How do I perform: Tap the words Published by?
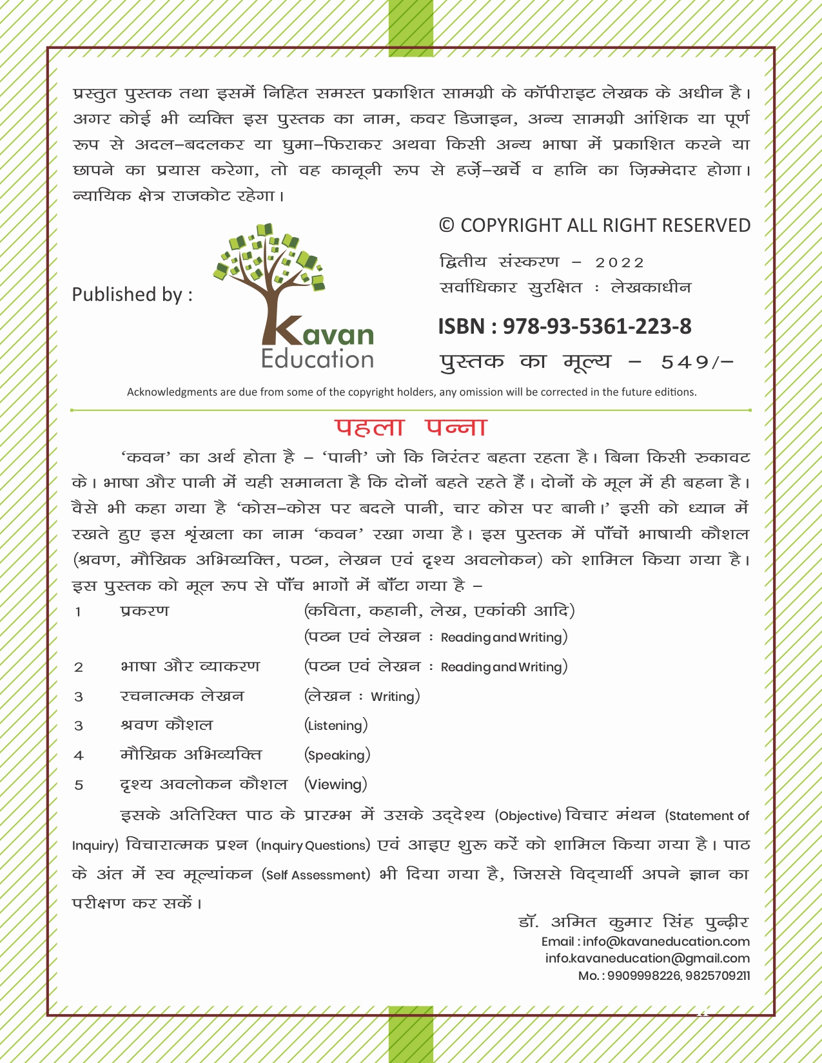pyautogui.click(x=132, y=294)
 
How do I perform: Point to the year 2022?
pyautogui.click(x=620, y=263)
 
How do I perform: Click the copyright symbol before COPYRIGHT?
pyautogui.click(x=446, y=225)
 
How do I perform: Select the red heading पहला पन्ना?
pyautogui.click(x=411, y=428)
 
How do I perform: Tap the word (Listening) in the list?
pyautogui.click(x=336, y=725)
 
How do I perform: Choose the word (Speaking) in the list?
pyautogui.click(x=337, y=755)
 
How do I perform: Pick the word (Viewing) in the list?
pyautogui.click(x=336, y=785)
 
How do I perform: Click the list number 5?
pyautogui.click(x=79, y=785)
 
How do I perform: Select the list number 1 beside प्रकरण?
pyautogui.click(x=78, y=611)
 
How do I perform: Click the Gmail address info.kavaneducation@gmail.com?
pyautogui.click(x=647, y=958)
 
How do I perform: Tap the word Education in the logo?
pyautogui.click(x=317, y=359)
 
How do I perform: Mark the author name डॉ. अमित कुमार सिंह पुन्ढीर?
pyautogui.click(x=633, y=922)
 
